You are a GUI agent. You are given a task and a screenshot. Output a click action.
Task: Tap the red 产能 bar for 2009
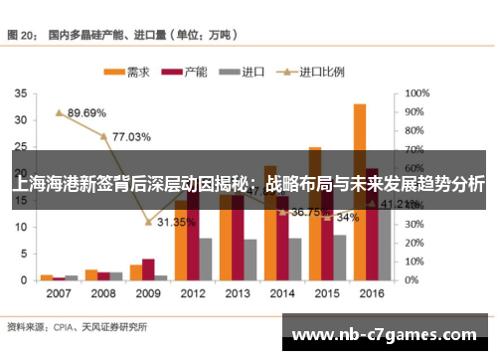pos(148,269)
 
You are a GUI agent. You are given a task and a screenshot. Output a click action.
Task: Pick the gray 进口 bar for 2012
pos(206,258)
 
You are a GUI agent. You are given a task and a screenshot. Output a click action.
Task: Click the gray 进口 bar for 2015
pos(340,257)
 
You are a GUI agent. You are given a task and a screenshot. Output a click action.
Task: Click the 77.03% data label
pos(131,136)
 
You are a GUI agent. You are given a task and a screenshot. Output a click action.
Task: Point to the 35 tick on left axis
pos(20,92)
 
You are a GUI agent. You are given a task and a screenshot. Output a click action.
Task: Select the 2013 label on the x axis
pos(238,294)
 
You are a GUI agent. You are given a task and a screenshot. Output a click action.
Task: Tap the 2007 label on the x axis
pos(59,294)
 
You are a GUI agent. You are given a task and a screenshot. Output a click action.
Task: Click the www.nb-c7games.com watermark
pos(387,333)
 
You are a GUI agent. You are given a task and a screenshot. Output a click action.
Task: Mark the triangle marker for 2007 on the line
pos(59,112)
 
